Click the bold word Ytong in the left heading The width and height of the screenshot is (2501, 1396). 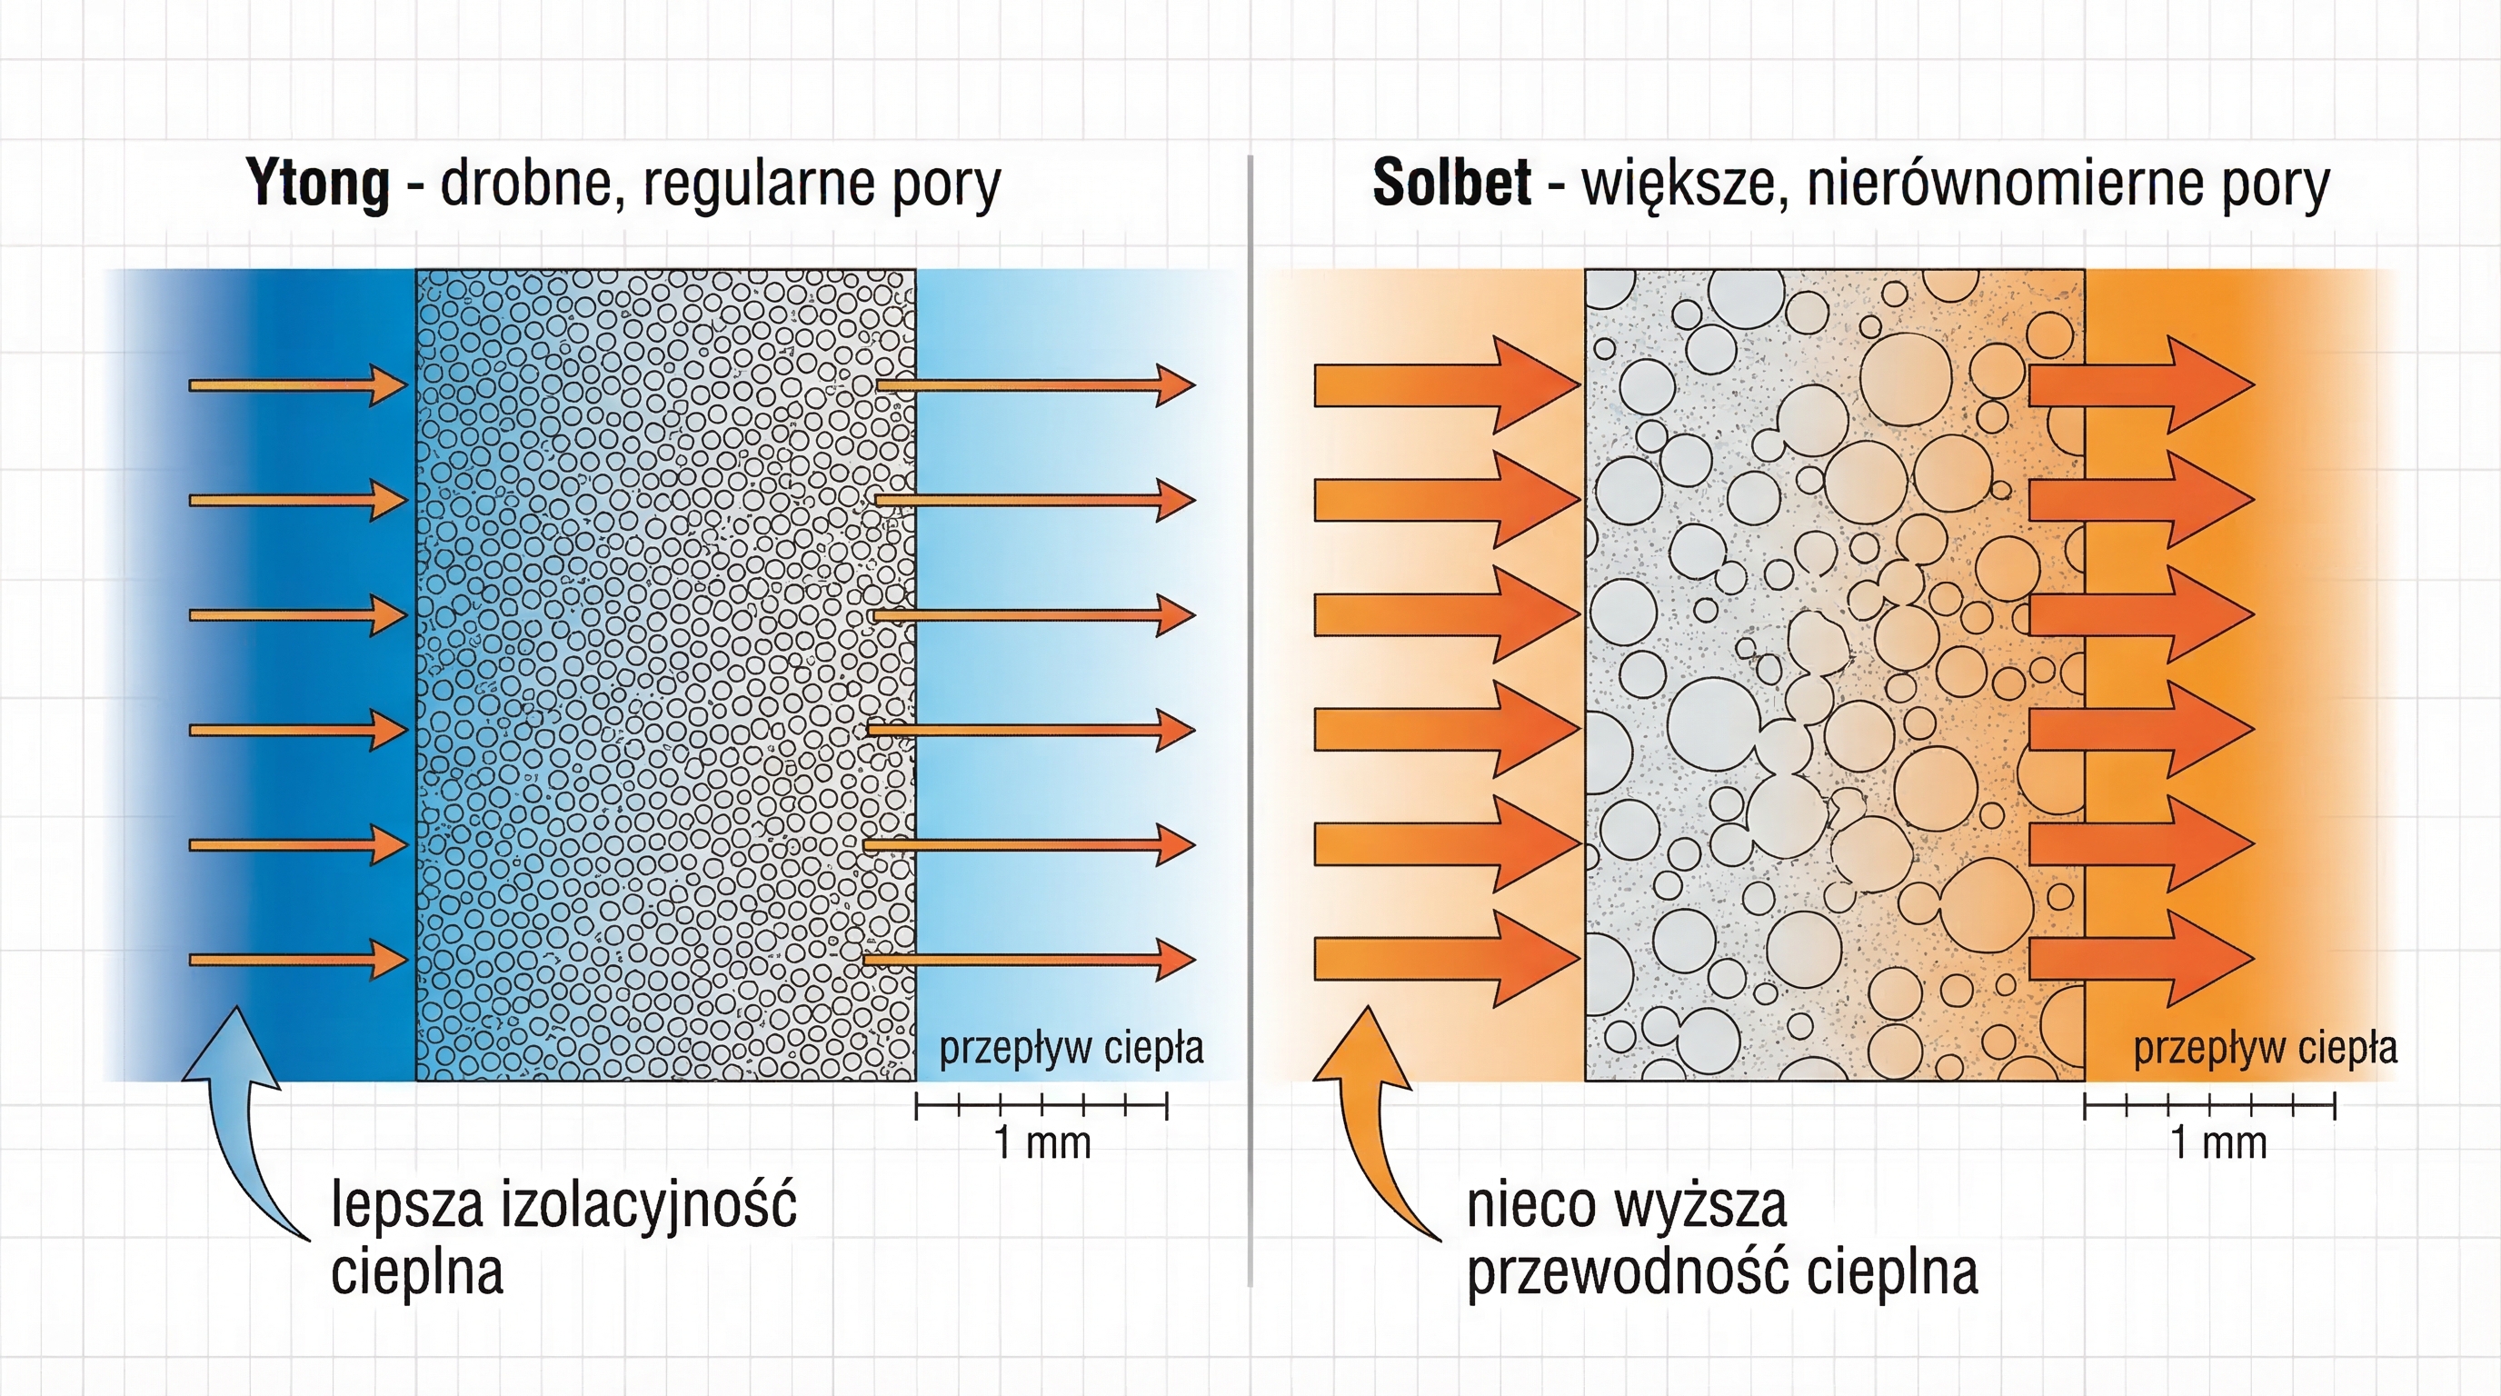point(317,183)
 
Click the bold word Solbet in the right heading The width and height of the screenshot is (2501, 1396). point(1451,183)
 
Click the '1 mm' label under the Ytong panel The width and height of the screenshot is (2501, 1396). point(1041,1142)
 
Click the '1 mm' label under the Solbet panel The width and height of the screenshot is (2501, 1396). point(2218,1142)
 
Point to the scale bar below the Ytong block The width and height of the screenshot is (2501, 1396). point(1041,1105)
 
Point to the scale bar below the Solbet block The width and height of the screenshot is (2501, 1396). point(2210,1105)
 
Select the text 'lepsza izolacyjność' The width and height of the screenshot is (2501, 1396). point(564,1204)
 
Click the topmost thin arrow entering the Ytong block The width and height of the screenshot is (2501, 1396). point(296,385)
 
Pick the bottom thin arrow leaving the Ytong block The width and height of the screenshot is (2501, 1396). point(1029,959)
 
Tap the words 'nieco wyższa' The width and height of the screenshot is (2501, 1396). point(1626,1204)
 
